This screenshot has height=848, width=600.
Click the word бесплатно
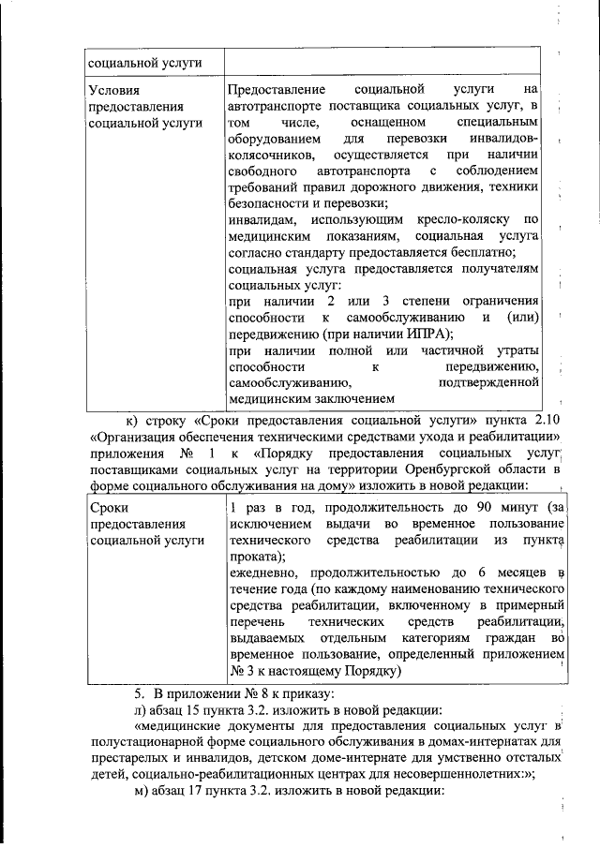coord(481,253)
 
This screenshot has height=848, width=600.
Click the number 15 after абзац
coord(192,711)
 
